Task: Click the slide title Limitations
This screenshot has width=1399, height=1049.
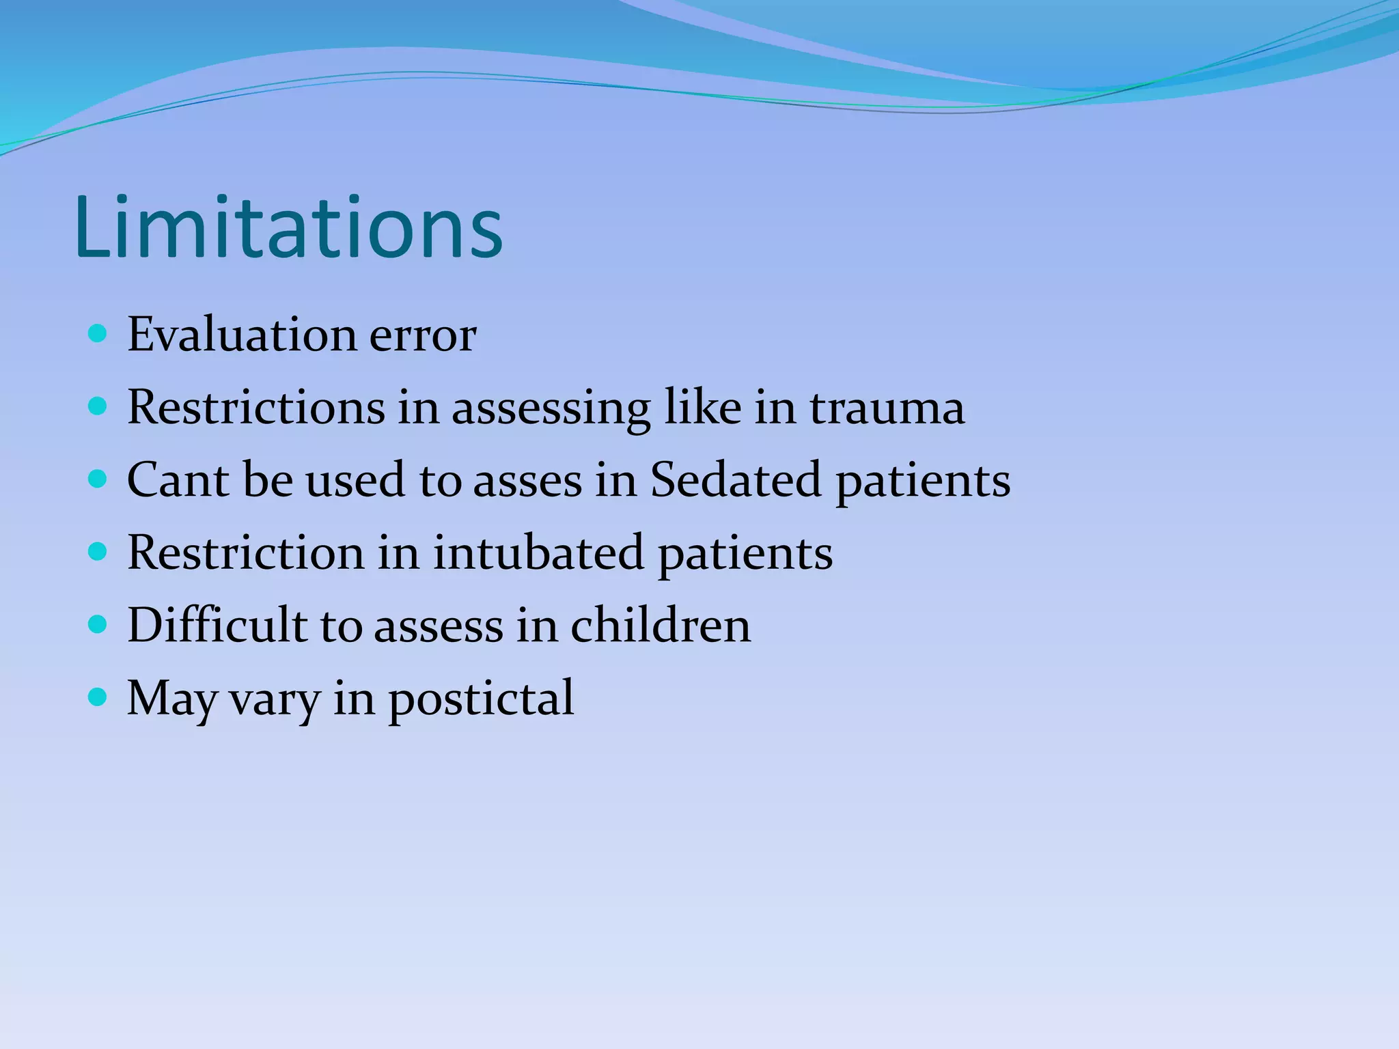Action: [x=288, y=228]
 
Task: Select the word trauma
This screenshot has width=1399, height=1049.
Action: [x=887, y=408]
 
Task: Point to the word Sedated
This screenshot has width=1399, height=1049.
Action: [x=735, y=479]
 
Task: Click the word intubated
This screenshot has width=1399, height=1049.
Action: [x=538, y=552]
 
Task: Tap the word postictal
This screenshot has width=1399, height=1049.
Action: [x=481, y=698]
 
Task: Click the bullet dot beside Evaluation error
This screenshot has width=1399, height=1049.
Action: [x=98, y=334]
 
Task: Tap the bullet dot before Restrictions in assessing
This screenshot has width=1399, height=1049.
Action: [x=98, y=407]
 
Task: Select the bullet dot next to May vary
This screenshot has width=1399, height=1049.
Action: [x=98, y=697]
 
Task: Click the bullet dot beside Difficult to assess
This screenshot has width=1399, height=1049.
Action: [x=98, y=624]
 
